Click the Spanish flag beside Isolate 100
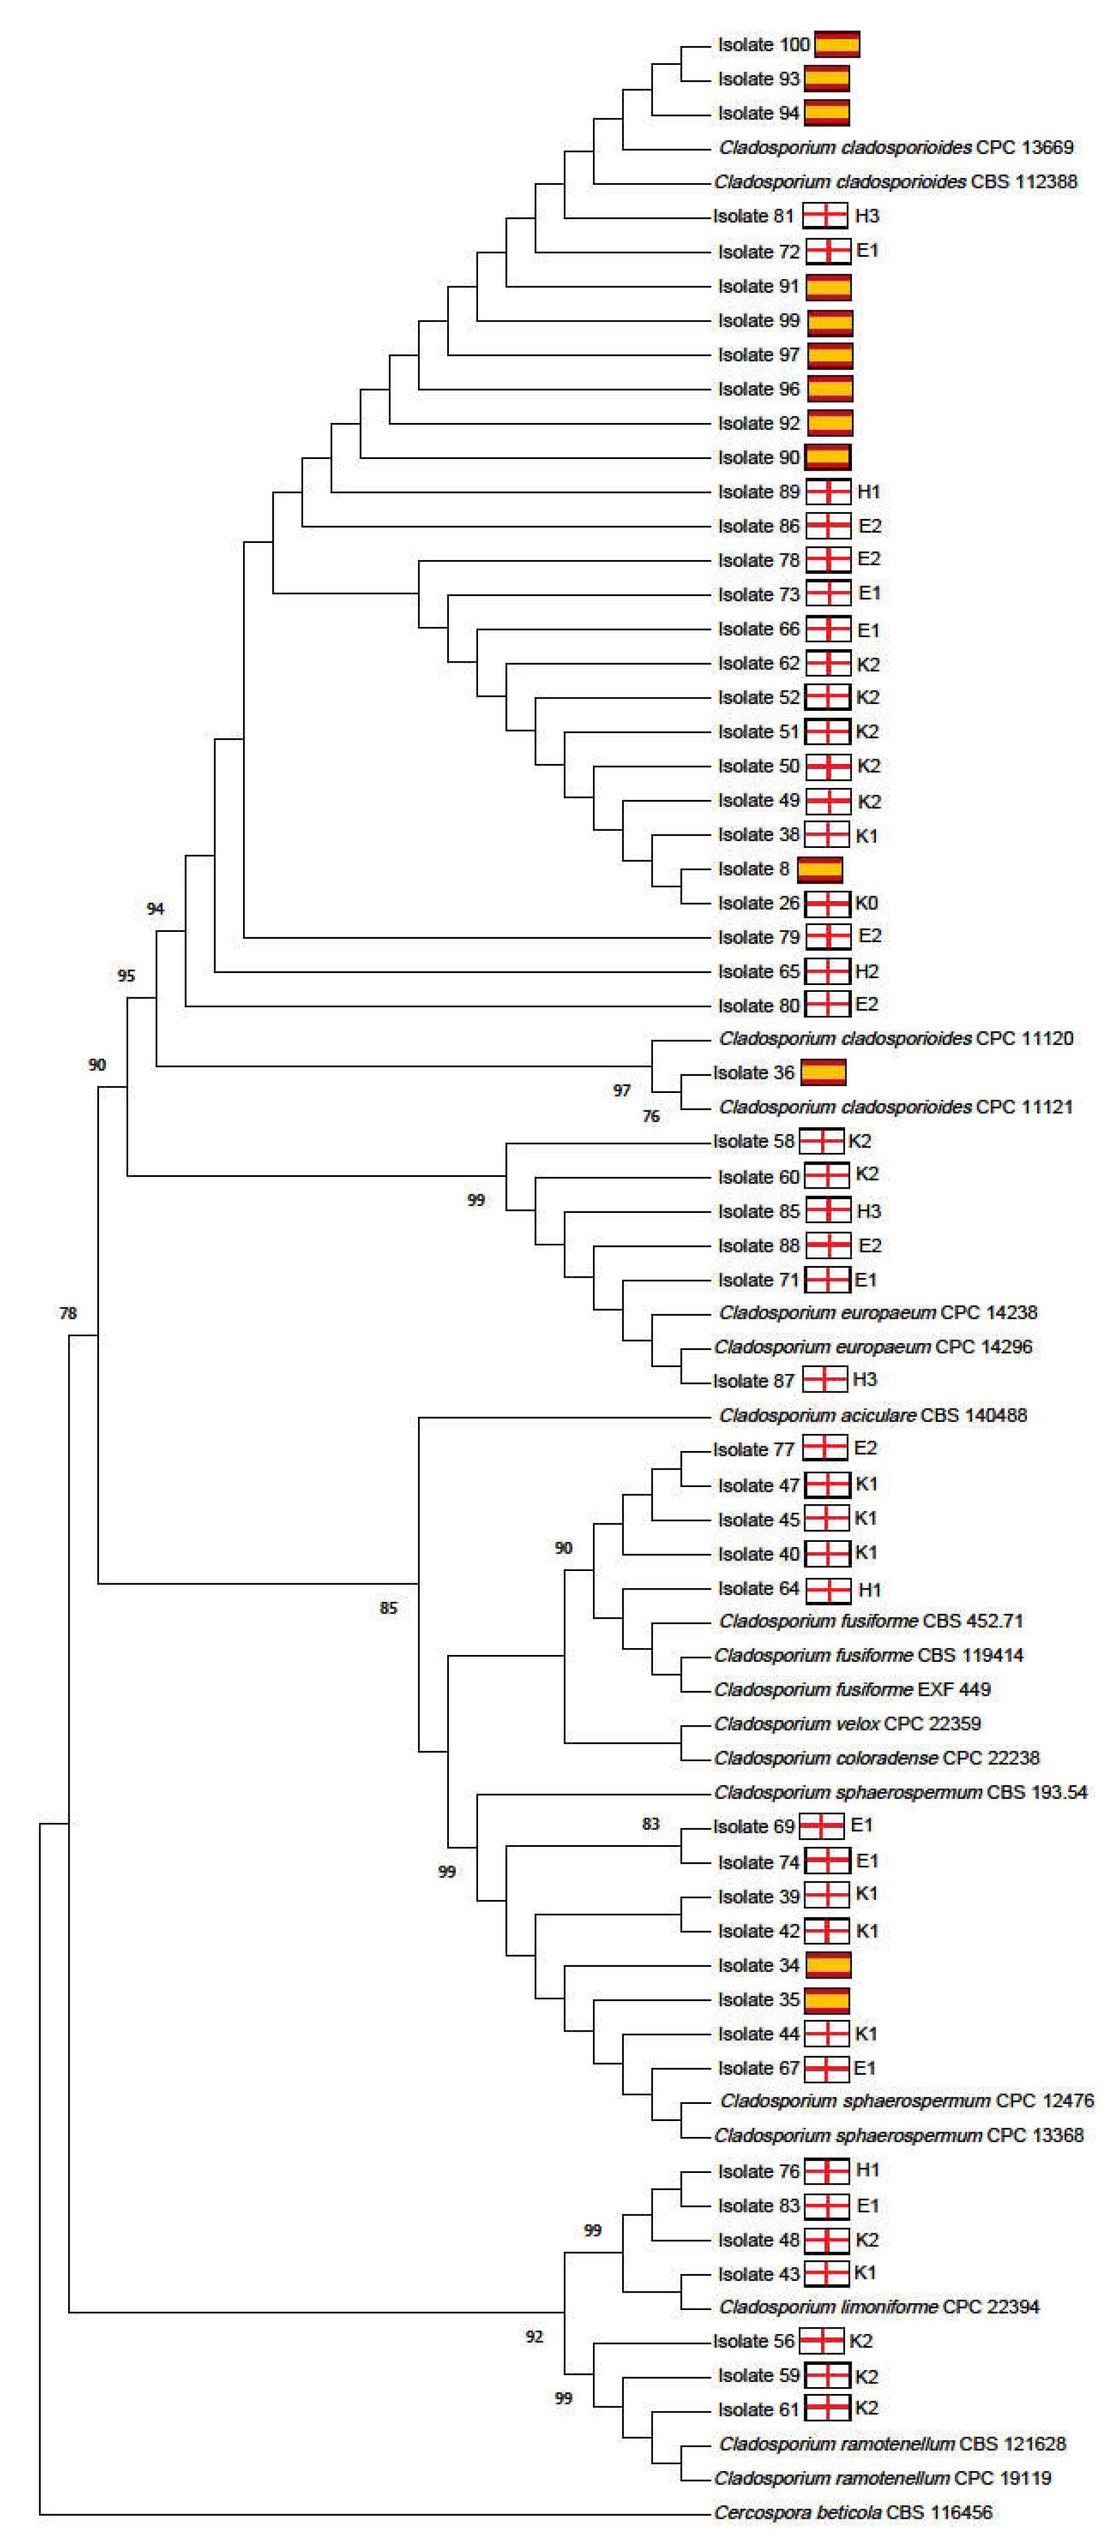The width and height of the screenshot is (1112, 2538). [836, 44]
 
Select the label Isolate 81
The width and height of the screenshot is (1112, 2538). [753, 216]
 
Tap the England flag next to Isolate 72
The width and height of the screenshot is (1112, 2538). [828, 251]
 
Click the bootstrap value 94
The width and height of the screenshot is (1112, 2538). [155, 909]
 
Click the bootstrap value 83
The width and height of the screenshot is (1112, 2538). [650, 1824]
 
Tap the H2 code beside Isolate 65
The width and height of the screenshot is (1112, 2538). [866, 971]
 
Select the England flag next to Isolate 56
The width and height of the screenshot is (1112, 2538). [821, 2341]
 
